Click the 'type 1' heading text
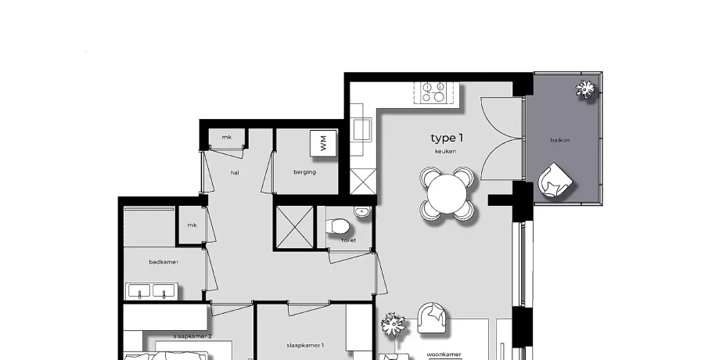point(447,139)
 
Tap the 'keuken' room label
point(446,151)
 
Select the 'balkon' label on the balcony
point(560,140)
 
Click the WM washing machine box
point(323,144)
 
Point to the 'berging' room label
point(305,172)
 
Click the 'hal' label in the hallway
point(235,172)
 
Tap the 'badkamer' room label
point(164,262)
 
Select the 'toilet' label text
point(349,240)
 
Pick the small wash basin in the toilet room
point(361,212)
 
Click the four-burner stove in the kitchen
point(433,92)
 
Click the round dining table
point(447,195)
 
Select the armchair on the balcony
point(555,181)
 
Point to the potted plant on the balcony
point(586,89)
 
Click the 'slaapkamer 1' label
point(305,346)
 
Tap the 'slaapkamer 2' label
point(192,336)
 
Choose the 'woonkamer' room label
point(444,355)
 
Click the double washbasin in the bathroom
point(152,291)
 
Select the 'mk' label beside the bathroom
point(192,225)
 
